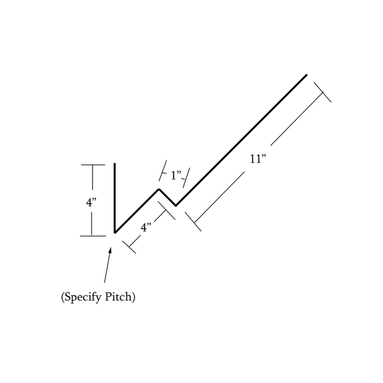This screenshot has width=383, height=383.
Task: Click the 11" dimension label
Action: [258, 159]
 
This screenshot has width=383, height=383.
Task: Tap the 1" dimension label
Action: [176, 175]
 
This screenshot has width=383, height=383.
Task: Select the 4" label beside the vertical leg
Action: [91, 202]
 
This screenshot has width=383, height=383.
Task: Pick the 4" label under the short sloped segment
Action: [146, 228]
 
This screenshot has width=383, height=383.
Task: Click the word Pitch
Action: [120, 297]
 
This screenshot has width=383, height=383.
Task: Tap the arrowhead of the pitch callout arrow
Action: [110, 251]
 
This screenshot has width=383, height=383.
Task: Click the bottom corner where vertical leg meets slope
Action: [115, 233]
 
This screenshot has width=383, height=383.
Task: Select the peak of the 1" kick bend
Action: [159, 189]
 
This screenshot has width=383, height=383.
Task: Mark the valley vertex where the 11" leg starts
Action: [176, 206]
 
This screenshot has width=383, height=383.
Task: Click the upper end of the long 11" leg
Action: [307, 74]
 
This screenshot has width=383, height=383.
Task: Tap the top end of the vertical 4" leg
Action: [114, 163]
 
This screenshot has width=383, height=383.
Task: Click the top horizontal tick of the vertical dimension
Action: [93, 165]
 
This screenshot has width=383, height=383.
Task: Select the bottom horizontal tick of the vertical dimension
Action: [93, 236]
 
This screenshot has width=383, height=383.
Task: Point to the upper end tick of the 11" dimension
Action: [322, 92]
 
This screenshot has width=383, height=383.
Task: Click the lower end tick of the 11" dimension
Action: [193, 221]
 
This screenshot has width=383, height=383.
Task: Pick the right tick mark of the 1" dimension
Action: [186, 178]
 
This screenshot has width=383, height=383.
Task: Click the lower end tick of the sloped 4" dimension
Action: [129, 247]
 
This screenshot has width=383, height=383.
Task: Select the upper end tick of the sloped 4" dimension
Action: [167, 211]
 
